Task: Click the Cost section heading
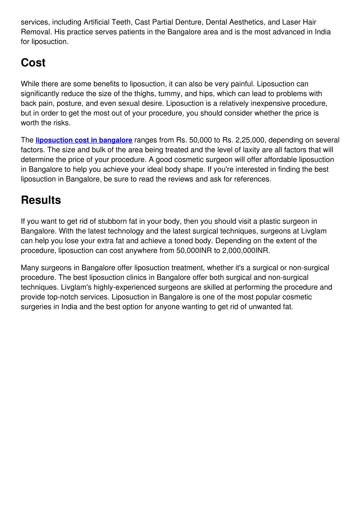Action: click(x=33, y=63)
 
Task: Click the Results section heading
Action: click(x=41, y=200)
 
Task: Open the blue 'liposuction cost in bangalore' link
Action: click(x=84, y=140)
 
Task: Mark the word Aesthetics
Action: click(x=246, y=22)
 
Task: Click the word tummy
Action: click(x=169, y=94)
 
